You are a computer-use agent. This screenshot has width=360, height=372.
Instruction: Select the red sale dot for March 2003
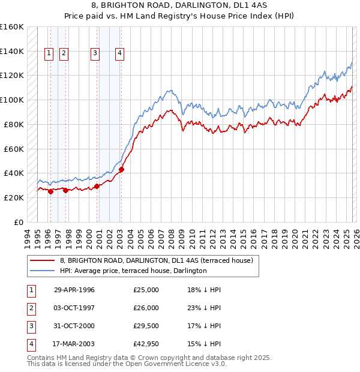tap(121, 169)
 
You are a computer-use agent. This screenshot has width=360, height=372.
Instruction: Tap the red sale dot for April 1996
tap(50, 191)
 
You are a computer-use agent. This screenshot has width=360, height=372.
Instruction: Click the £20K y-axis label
tap(14, 197)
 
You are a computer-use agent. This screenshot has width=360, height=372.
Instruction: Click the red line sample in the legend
tap(42, 260)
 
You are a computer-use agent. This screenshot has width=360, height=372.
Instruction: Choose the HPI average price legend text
tap(133, 271)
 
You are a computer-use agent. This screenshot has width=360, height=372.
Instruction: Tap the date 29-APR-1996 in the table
tap(74, 290)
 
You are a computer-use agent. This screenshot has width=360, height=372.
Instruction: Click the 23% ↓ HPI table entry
tap(204, 308)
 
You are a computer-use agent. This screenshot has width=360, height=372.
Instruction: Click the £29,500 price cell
tap(146, 326)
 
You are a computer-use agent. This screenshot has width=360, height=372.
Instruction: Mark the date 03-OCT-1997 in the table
tap(74, 308)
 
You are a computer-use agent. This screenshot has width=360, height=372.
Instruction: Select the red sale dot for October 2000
tap(97, 186)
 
